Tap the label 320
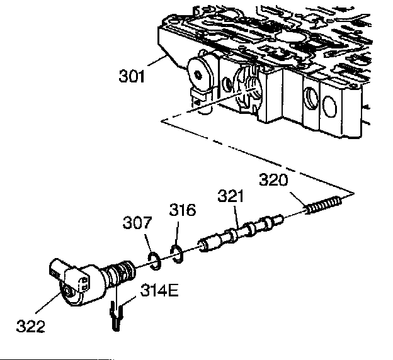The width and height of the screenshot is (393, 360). pyautogui.click(x=273, y=181)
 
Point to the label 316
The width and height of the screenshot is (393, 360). pyautogui.click(x=182, y=210)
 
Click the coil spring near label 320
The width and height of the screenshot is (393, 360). pyautogui.click(x=325, y=205)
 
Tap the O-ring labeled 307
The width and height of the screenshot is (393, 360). pyautogui.click(x=153, y=258)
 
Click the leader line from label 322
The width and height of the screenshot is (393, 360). pyautogui.click(x=51, y=305)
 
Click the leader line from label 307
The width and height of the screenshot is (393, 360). pyautogui.click(x=147, y=242)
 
